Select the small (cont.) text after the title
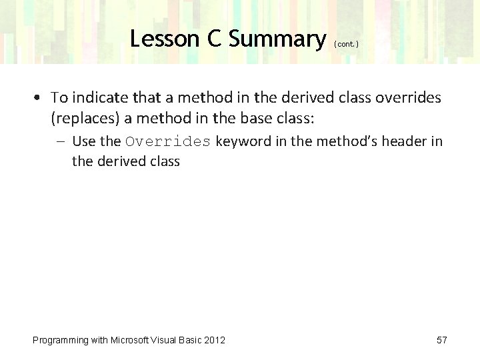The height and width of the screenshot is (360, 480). click(x=347, y=44)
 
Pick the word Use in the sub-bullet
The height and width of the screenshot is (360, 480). click(x=83, y=141)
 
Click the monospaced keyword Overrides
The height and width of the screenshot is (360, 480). click(x=168, y=141)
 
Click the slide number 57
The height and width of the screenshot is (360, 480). click(x=441, y=340)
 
